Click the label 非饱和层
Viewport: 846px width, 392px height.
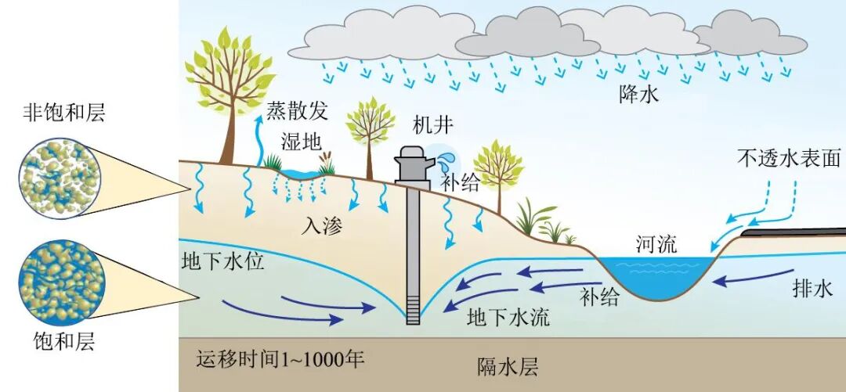(64, 114)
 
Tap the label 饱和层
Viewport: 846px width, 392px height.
(63, 342)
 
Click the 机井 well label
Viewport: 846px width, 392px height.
(432, 124)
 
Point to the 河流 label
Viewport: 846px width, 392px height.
(656, 245)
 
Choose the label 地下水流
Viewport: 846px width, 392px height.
(508, 317)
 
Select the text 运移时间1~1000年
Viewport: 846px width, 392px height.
(280, 361)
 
